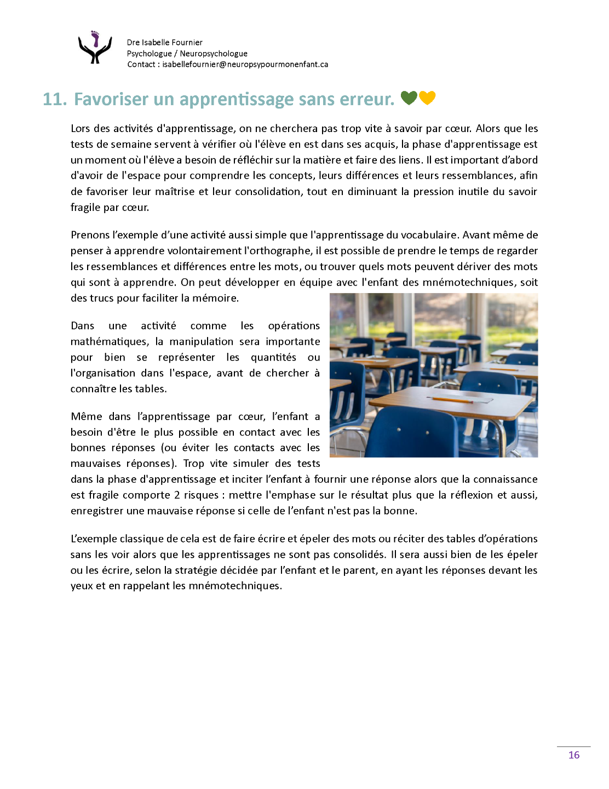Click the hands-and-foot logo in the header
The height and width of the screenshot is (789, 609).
tap(95, 48)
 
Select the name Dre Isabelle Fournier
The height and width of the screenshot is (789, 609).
tap(164, 42)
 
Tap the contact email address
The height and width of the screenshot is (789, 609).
tap(245, 64)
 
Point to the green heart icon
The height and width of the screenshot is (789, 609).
tap(409, 98)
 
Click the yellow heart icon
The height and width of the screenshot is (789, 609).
tap(427, 98)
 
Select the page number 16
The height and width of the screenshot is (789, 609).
tap(573, 755)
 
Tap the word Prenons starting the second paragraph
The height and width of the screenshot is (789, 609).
tap(90, 235)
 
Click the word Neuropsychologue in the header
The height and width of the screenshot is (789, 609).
tap(214, 54)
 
